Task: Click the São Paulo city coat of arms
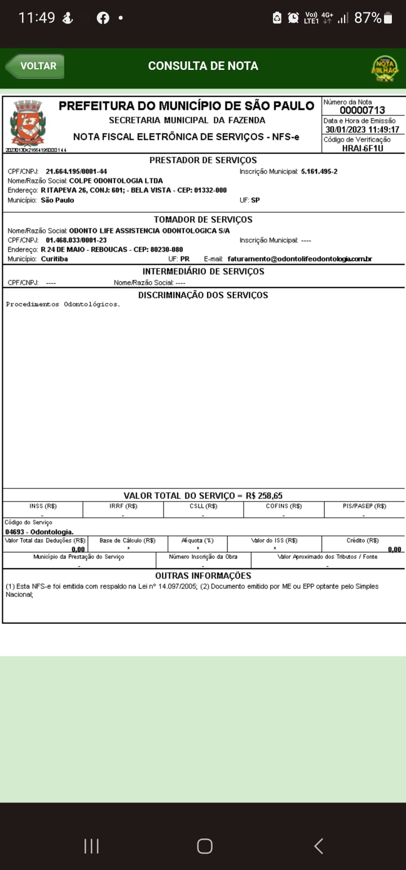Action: click(28, 123)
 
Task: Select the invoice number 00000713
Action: click(362, 110)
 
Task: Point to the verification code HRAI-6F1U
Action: click(363, 148)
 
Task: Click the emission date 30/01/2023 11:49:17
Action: click(362, 130)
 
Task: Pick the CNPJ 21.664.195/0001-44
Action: click(76, 171)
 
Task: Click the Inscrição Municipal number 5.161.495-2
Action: click(319, 171)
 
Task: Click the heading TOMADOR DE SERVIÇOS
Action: click(203, 219)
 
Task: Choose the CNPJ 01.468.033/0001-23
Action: click(76, 240)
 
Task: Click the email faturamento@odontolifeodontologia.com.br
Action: click(299, 259)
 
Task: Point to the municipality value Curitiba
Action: click(54, 259)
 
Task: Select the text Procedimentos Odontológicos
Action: click(63, 304)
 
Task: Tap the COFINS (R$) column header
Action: click(284, 506)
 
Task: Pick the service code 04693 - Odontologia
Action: click(39, 532)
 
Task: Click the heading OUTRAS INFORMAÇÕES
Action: click(203, 576)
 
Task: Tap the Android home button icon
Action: click(204, 846)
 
